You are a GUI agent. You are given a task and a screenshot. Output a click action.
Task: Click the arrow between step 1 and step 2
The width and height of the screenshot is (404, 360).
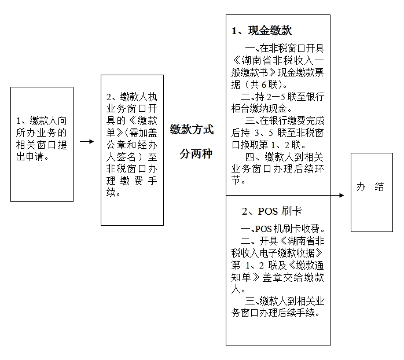pyautogui.click(x=87, y=141)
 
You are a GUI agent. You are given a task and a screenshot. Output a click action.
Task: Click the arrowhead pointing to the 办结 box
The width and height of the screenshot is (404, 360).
pyautogui.click(x=341, y=195)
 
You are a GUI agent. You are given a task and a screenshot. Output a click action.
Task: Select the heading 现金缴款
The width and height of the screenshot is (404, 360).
pyautogui.click(x=270, y=31)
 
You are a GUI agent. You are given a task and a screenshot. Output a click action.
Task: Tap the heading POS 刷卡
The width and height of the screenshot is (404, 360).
pyautogui.click(x=280, y=211)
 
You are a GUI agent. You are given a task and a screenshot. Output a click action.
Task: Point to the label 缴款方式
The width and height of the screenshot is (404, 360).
pyautogui.click(x=192, y=130)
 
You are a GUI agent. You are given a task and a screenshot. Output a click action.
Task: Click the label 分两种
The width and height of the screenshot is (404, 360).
pyautogui.click(x=196, y=154)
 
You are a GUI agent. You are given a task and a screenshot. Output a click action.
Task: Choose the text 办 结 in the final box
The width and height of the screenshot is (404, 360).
pyautogui.click(x=370, y=186)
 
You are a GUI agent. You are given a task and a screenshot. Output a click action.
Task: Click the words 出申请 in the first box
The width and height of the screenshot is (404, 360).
pyautogui.click(x=30, y=156)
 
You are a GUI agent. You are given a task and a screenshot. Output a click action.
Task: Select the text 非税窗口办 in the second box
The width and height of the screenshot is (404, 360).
pyautogui.click(x=131, y=169)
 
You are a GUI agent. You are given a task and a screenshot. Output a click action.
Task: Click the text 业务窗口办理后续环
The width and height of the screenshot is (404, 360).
pyautogui.click(x=277, y=168)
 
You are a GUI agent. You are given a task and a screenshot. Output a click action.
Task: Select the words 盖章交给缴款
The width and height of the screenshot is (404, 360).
pyautogui.click(x=293, y=277)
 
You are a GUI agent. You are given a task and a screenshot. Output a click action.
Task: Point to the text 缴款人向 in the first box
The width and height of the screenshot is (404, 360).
pyautogui.click(x=48, y=120)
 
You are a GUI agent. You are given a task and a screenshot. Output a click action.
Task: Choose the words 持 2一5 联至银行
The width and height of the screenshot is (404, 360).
pyautogui.click(x=289, y=97)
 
